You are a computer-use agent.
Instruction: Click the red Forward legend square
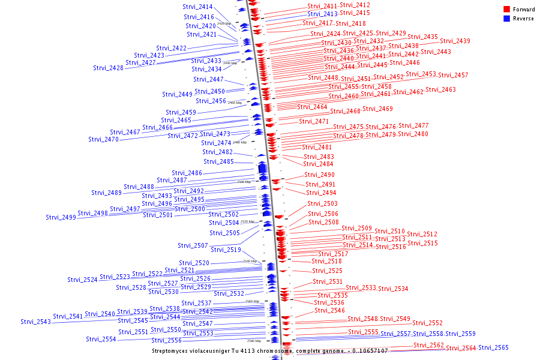[507, 10]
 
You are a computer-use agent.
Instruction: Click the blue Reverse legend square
[507, 19]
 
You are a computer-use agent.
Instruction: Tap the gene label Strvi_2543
[36, 322]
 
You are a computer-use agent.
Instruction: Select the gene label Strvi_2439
[455, 41]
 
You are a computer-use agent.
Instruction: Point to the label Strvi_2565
[493, 348]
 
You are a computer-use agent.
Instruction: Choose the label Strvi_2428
[109, 68]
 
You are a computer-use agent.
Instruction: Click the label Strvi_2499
[61, 217]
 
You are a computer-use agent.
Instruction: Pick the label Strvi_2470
[104, 139]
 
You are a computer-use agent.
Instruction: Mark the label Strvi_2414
[197, 7]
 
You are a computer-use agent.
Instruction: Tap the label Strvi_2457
[453, 75]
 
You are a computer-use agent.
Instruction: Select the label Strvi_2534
[393, 289]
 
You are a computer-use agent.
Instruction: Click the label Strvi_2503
[323, 204]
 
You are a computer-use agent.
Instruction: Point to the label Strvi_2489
[107, 193]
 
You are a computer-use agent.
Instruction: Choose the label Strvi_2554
[101, 340]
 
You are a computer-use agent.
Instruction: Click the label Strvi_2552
[427, 323]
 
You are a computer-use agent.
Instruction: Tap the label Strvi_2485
[218, 161]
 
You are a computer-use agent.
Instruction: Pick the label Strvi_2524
[82, 280]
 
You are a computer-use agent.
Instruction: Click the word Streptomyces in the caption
[174, 350]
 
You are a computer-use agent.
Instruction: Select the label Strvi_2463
[441, 90]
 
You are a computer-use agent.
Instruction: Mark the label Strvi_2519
[226, 250]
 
